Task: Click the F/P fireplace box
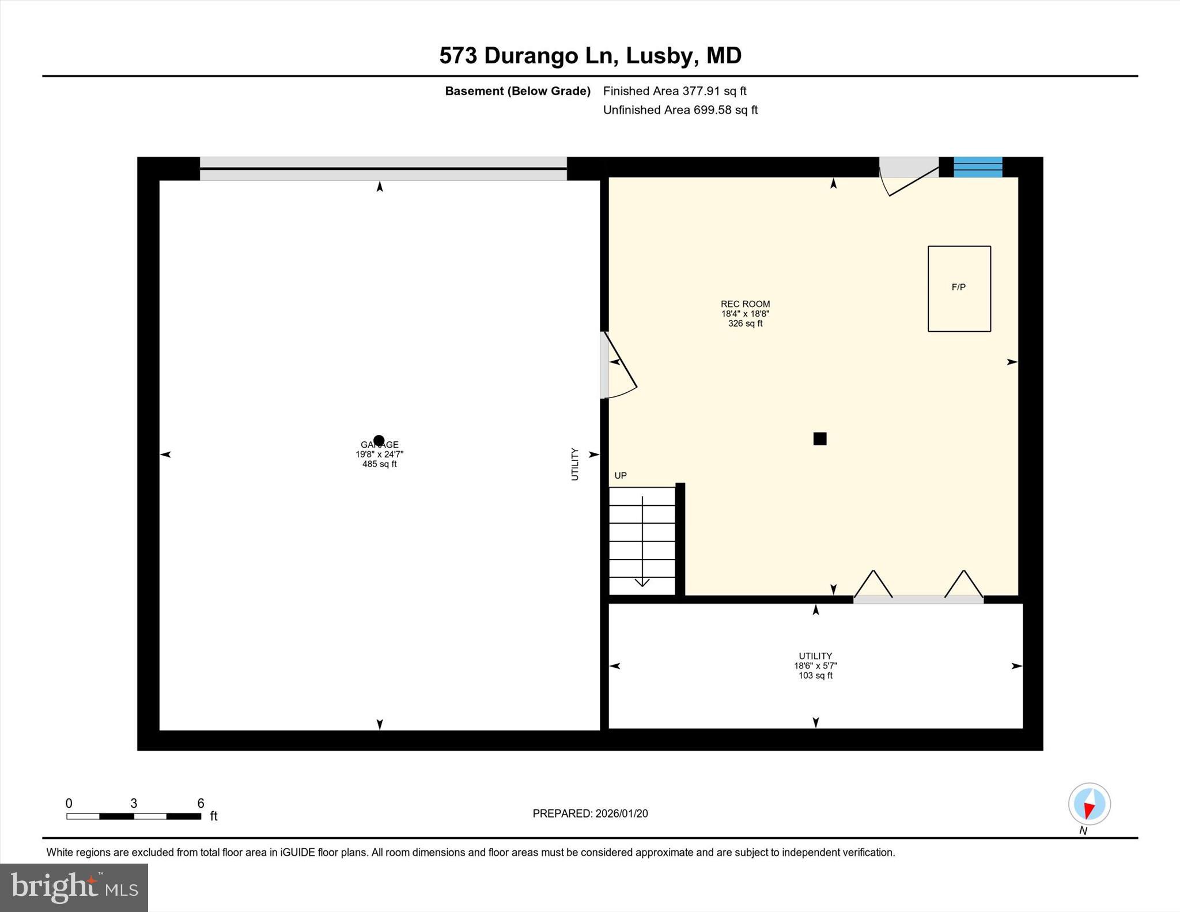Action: point(959,289)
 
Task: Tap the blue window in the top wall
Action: point(978,167)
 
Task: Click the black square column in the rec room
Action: point(819,439)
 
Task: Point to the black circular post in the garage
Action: point(379,441)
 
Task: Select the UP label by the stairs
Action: point(621,475)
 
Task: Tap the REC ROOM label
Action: point(745,304)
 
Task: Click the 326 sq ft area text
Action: point(745,324)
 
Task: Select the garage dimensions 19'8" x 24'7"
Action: point(379,455)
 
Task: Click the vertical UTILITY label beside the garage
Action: point(574,464)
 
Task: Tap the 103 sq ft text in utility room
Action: point(815,676)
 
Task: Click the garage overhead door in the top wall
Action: point(383,168)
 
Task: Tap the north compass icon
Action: point(1089,804)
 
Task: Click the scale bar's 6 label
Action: point(201,803)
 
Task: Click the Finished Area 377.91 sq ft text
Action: point(674,91)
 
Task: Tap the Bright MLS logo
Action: point(74,887)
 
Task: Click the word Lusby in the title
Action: point(659,56)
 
